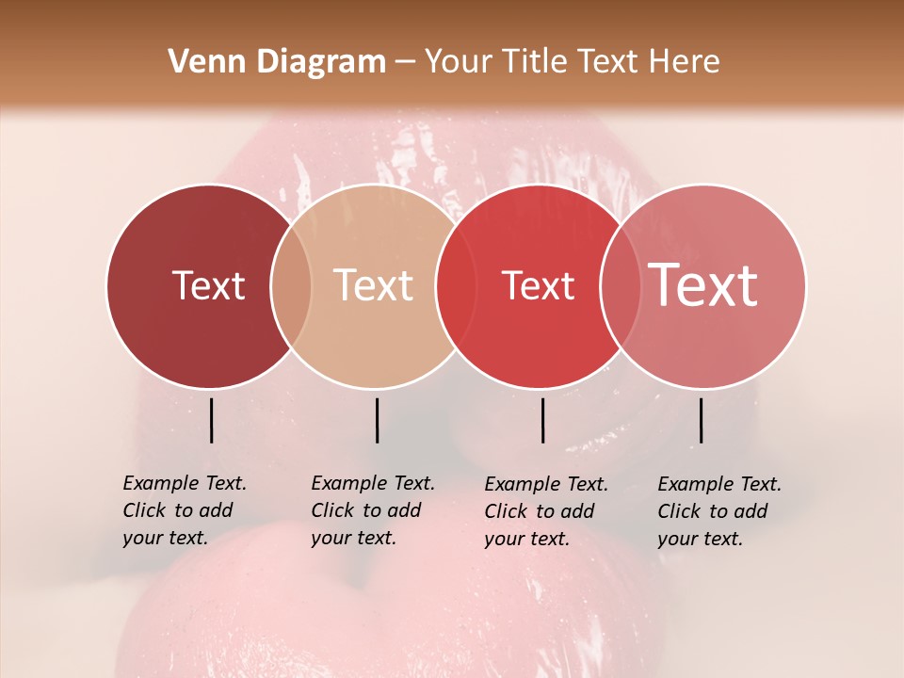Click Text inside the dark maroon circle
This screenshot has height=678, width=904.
208,285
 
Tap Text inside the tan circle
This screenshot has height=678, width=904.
374,285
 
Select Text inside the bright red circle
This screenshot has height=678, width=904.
538,285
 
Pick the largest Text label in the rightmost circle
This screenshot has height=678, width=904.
703,284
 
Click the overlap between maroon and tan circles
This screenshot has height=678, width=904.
291,286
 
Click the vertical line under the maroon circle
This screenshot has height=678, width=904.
211,420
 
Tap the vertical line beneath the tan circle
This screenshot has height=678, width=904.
377,420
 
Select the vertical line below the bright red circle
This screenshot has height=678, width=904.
542,420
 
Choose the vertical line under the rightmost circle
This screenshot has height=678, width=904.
701,420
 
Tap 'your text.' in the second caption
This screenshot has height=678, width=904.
353,538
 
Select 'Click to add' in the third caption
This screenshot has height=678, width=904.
540,511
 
